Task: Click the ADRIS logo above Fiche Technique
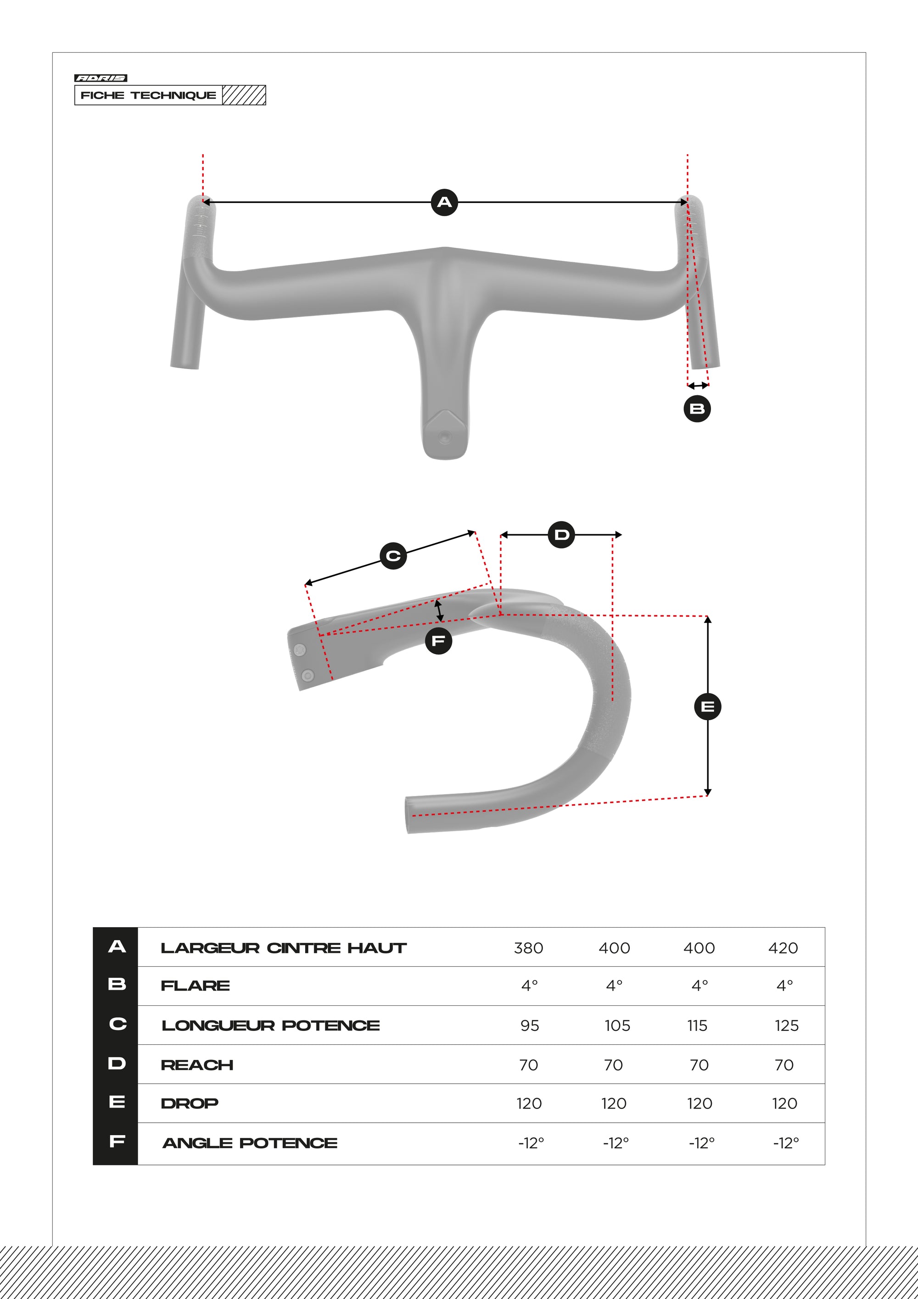(101, 78)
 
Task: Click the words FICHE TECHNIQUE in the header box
(148, 95)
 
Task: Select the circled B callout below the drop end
(697, 409)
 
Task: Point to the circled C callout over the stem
(393, 555)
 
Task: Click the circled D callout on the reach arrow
(561, 535)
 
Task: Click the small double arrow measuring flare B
(698, 385)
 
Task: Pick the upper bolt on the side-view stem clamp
(300, 649)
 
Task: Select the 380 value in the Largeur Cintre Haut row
(528, 948)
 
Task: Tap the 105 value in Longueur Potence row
(616, 1025)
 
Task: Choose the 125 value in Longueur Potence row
(786, 1025)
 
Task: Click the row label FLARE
(195, 985)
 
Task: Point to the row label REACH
(197, 1065)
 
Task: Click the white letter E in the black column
(117, 1102)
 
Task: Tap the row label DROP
(190, 1103)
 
